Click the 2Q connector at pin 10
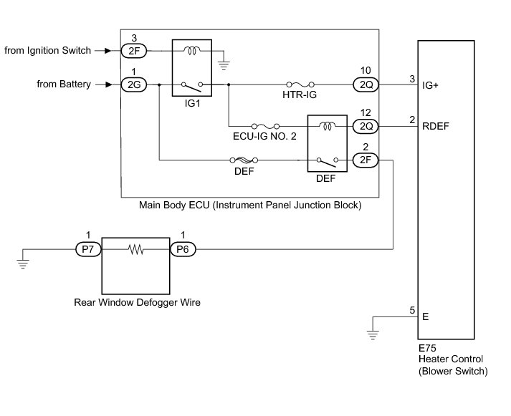364,84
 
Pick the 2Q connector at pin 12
364,126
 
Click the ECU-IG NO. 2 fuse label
264,136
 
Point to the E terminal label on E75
426,315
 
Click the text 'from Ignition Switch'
48,50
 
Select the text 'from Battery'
65,84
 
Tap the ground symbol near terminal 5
373,333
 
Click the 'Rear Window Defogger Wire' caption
137,302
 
